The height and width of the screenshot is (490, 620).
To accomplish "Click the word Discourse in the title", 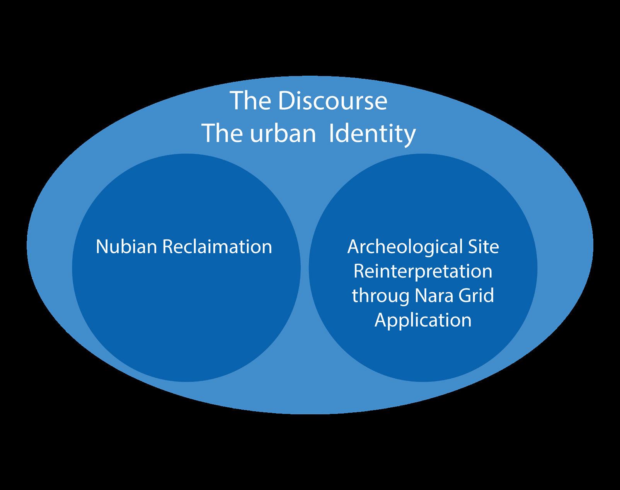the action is coord(332,101).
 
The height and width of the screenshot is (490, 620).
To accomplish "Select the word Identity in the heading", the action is coord(372,134).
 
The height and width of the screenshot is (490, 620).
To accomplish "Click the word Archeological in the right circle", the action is coord(405,247).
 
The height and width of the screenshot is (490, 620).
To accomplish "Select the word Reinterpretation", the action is coord(423,271).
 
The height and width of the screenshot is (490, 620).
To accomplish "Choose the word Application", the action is coord(423,320).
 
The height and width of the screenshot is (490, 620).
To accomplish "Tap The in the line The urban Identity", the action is coord(220,134).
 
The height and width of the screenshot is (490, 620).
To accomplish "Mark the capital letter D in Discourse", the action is coord(286,101).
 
